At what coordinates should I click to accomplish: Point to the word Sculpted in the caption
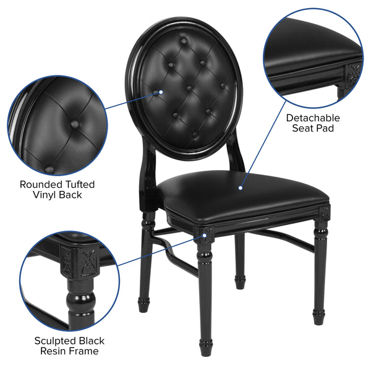tap(54, 341)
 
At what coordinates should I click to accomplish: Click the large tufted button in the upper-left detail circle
tap(74, 124)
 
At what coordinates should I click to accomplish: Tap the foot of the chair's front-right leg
tap(318, 318)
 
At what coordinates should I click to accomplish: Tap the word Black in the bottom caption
tap(91, 341)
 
